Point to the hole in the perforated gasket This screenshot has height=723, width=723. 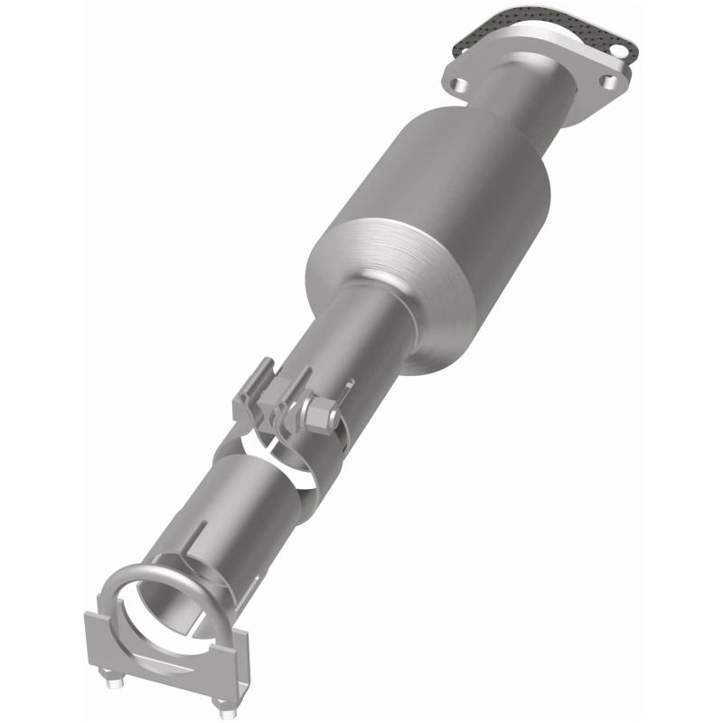point(623,40)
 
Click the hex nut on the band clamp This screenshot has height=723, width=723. point(318,415)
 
